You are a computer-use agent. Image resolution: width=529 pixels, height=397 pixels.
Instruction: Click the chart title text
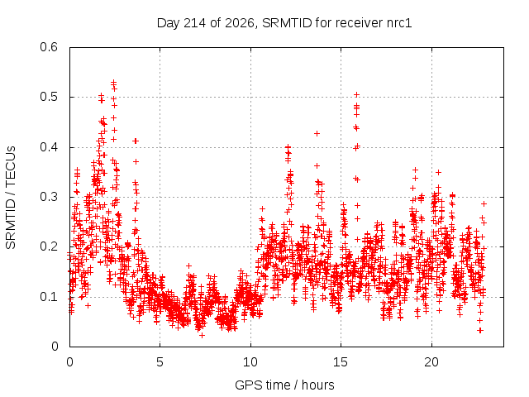284,23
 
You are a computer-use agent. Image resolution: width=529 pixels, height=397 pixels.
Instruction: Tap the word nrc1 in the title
398,23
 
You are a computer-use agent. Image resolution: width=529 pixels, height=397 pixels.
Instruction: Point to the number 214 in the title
193,23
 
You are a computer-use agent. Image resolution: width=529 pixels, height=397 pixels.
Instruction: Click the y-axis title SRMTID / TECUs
11,198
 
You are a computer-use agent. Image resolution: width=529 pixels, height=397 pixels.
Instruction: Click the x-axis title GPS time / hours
284,385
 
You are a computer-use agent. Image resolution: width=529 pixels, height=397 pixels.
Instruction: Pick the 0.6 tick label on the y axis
49,47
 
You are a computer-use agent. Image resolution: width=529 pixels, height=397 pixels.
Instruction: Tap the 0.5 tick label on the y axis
49,97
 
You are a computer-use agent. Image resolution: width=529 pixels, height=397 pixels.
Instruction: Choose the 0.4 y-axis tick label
49,147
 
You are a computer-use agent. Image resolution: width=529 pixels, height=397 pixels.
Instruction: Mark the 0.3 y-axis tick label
49,197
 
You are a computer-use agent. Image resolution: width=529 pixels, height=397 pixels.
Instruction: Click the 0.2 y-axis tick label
49,246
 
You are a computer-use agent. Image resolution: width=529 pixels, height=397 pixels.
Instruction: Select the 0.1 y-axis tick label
49,297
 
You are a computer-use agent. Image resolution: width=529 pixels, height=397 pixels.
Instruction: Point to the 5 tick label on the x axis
160,362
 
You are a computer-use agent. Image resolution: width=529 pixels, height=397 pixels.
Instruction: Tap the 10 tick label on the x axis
250,362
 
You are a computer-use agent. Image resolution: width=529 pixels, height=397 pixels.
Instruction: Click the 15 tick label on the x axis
341,362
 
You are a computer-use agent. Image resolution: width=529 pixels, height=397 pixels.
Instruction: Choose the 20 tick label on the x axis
431,362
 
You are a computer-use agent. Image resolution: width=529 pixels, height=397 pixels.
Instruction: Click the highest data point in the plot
114,82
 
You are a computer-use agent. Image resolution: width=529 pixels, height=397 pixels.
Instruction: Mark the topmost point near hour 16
356,95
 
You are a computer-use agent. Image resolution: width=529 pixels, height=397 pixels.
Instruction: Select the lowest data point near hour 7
202,335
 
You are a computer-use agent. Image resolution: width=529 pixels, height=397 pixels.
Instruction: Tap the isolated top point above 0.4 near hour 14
317,134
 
